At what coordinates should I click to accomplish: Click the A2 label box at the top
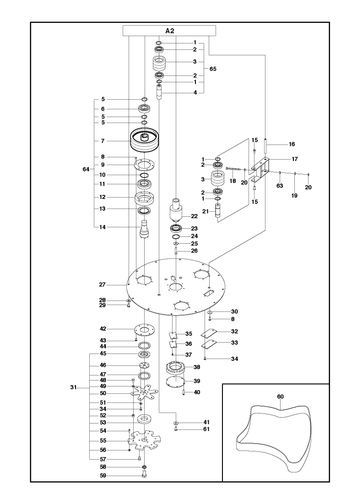169,31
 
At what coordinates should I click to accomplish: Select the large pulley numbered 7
144,140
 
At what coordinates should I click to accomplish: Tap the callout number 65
213,69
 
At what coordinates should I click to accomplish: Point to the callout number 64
86,169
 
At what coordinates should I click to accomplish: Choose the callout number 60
280,397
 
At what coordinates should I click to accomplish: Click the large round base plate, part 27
176,287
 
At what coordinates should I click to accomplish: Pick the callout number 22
194,216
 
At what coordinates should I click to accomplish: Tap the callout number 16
292,144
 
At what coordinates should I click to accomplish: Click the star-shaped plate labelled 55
144,441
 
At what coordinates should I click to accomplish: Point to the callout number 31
73,387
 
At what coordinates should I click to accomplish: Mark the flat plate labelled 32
209,332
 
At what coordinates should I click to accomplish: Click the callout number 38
197,367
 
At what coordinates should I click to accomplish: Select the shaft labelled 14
144,229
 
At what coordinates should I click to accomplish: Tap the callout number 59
103,476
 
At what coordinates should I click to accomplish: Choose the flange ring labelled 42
145,330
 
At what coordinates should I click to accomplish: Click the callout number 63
280,185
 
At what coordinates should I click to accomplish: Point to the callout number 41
206,422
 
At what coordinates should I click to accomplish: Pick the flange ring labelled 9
145,165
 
